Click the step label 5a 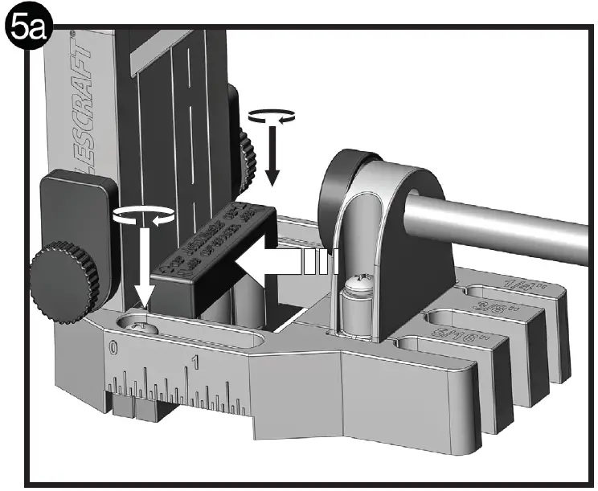click(27, 29)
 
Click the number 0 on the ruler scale click(114, 348)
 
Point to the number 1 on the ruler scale click(195, 361)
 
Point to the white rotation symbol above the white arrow click(145, 215)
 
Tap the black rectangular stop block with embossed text click(213, 249)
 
